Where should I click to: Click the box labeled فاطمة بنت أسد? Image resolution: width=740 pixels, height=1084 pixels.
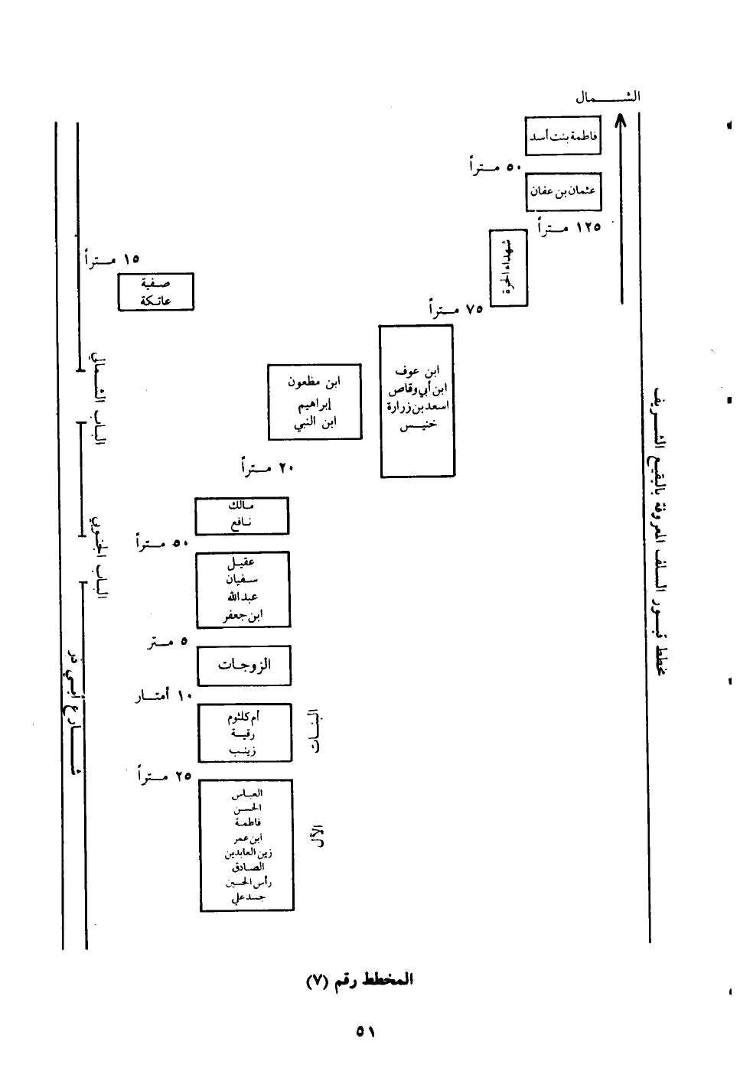[562, 136]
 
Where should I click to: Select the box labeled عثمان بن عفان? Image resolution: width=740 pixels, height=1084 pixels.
[562, 192]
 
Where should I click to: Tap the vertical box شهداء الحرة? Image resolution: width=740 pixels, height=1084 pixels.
[508, 267]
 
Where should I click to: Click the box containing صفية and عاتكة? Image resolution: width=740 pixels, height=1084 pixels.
[155, 291]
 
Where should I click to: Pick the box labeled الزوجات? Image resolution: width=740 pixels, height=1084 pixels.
[244, 666]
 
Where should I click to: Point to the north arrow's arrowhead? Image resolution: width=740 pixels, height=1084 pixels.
[621, 121]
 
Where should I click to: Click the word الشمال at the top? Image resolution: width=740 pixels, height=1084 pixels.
[608, 97]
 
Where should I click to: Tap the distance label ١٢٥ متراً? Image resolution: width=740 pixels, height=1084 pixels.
[569, 226]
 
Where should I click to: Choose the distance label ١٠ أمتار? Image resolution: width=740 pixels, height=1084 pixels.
[162, 696]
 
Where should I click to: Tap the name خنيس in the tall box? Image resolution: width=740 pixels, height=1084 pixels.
[418, 425]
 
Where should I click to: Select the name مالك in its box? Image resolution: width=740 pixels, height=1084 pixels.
[241, 506]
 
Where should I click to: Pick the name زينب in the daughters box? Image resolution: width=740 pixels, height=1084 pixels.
[243, 751]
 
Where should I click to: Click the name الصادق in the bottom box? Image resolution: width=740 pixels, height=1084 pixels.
[246, 867]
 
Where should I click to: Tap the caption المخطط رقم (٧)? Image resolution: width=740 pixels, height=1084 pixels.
[360, 979]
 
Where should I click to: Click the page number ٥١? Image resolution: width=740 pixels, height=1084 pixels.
[365, 1031]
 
